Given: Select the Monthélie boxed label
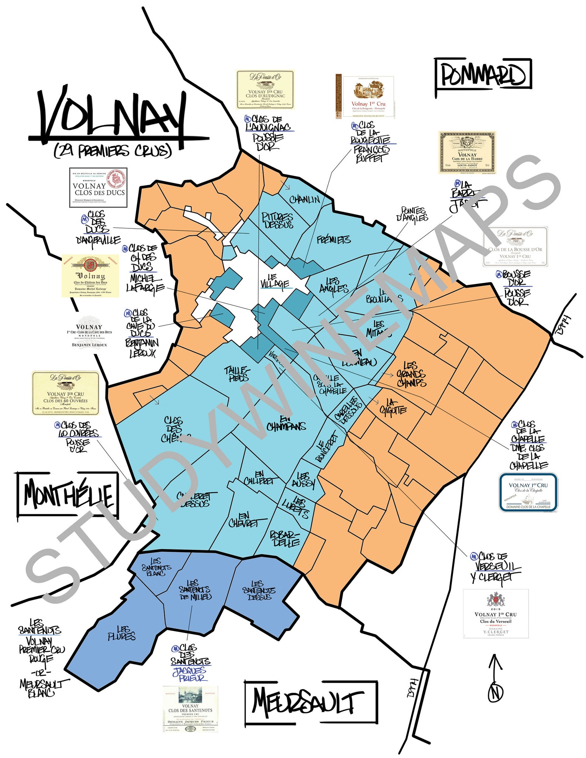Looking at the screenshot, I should point(68,494).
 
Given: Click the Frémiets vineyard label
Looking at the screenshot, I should point(334,240).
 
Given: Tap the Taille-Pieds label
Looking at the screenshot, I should point(237,373).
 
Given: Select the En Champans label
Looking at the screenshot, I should point(286,424).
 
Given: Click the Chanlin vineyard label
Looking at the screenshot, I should point(304,200).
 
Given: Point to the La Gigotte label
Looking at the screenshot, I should point(392,406).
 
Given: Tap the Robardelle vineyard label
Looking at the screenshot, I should point(285,539).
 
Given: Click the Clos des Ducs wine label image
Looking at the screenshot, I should point(98,187).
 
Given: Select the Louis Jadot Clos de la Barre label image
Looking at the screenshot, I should point(467,152).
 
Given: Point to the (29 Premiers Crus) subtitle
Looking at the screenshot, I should point(113,151).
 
